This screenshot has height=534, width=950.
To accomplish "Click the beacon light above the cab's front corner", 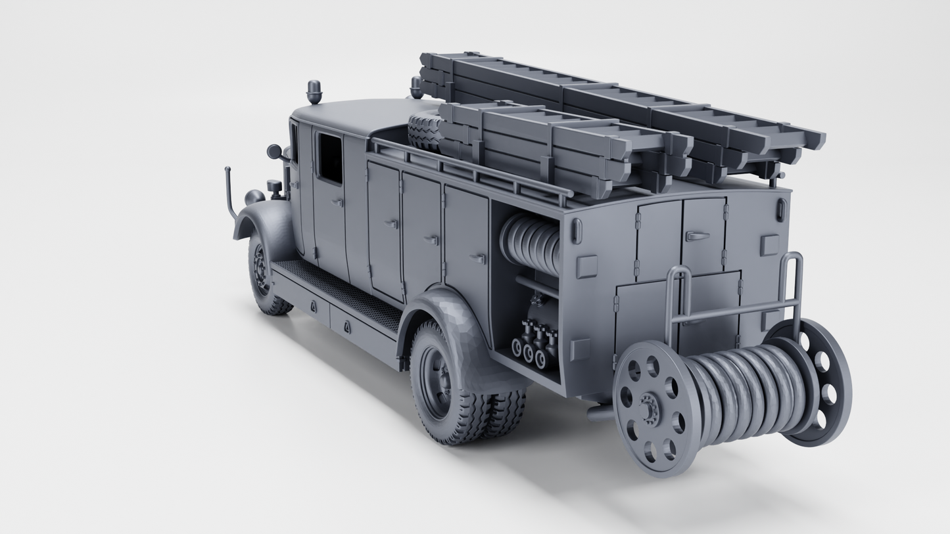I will [x=314, y=92].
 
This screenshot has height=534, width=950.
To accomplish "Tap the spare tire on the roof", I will [x=423, y=131].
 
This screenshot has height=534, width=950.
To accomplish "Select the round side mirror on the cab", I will [x=274, y=152].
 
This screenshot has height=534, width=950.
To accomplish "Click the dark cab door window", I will [x=330, y=158].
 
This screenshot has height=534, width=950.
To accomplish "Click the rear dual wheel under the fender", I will [x=447, y=384].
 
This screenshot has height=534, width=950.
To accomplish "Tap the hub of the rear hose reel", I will [x=650, y=408].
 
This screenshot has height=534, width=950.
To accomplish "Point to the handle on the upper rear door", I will [x=697, y=236].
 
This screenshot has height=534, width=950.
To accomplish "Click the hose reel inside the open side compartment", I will [x=530, y=243].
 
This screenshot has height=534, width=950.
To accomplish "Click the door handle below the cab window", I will [x=337, y=203].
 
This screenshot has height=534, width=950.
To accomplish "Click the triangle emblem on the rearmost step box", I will [x=346, y=326].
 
